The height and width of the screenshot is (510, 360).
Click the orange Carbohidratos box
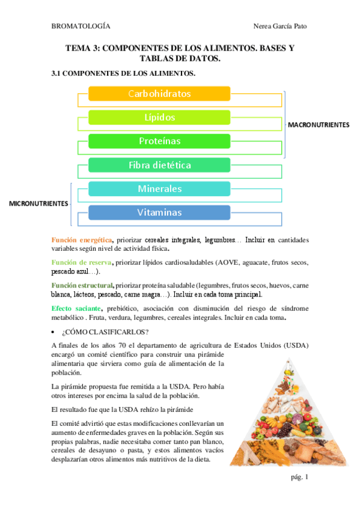click(x=159, y=94)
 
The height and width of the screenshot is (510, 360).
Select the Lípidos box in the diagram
click(x=159, y=117)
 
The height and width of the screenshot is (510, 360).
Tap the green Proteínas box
click(x=159, y=141)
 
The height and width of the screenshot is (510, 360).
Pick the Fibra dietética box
click(x=159, y=165)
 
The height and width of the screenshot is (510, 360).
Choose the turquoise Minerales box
click(x=159, y=189)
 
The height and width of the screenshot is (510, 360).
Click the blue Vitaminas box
click(x=159, y=212)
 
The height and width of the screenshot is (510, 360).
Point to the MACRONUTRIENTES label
click(x=319, y=124)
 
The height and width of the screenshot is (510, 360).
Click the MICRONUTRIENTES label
click(x=38, y=204)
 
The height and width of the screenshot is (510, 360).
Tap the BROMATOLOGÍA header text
click(x=81, y=26)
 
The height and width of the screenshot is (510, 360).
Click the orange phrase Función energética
click(x=81, y=240)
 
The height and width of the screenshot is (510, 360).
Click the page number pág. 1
click(x=299, y=477)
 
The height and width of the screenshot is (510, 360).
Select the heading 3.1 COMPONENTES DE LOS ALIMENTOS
click(x=123, y=73)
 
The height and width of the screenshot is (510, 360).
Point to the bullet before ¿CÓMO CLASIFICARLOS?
click(x=55, y=332)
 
